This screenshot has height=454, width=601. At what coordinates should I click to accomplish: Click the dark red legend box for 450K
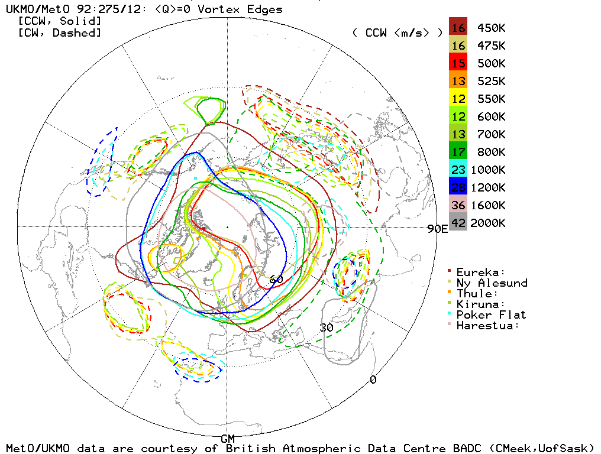pyautogui.click(x=458, y=28)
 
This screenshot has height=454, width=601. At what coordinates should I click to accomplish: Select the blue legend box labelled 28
pyautogui.click(x=458, y=187)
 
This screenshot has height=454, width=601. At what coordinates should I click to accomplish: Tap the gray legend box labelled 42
pyautogui.click(x=458, y=223)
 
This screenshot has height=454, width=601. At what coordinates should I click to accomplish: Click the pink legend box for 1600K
pyautogui.click(x=458, y=205)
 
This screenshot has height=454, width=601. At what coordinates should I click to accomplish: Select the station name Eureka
pyautogui.click(x=480, y=272)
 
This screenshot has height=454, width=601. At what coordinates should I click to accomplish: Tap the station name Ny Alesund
pyautogui.click(x=492, y=283)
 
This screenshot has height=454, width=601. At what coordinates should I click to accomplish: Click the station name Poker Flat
pyautogui.click(x=491, y=314)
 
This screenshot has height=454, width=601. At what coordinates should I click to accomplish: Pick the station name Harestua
pyautogui.click(x=487, y=325)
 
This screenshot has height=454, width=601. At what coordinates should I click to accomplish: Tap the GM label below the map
pyautogui.click(x=228, y=439)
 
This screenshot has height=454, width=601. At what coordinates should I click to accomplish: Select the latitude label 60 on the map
pyautogui.click(x=276, y=279)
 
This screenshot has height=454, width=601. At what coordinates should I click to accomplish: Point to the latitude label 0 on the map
pyautogui.click(x=373, y=380)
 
